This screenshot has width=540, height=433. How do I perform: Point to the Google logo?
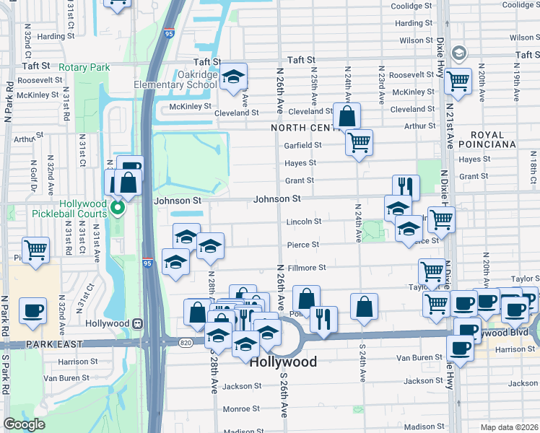pos(24,424)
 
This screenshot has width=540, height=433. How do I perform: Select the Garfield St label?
pos(302,145)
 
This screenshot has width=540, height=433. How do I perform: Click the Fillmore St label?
pos(308,268)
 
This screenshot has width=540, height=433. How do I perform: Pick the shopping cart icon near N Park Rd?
pos(36,250)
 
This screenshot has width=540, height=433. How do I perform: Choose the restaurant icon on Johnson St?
pos(406,187)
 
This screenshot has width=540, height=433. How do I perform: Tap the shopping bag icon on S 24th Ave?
pos(365,306)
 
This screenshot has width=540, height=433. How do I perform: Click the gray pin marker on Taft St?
pos(458,53)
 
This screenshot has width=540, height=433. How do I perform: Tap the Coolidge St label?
pos(411,6)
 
